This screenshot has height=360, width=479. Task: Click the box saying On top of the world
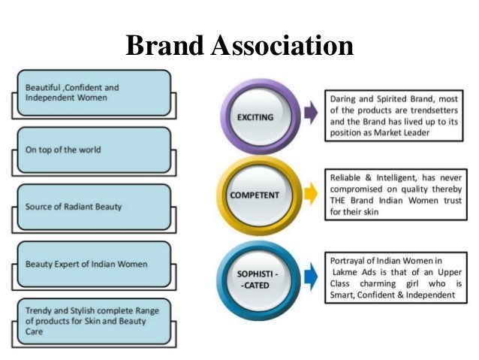[x=94, y=150]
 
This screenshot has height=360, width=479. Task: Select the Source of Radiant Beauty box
[x=94, y=207]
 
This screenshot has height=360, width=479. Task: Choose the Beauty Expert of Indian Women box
[x=94, y=264]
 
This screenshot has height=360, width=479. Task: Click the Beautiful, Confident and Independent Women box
[x=94, y=93]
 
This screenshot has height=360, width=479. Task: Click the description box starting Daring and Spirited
[x=393, y=116]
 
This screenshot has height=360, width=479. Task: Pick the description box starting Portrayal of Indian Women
[x=393, y=277]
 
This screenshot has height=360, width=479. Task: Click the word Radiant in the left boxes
[x=91, y=207]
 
